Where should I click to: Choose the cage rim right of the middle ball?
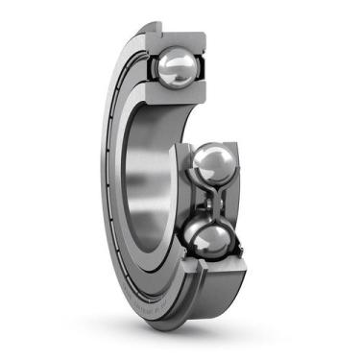point(240,169)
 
